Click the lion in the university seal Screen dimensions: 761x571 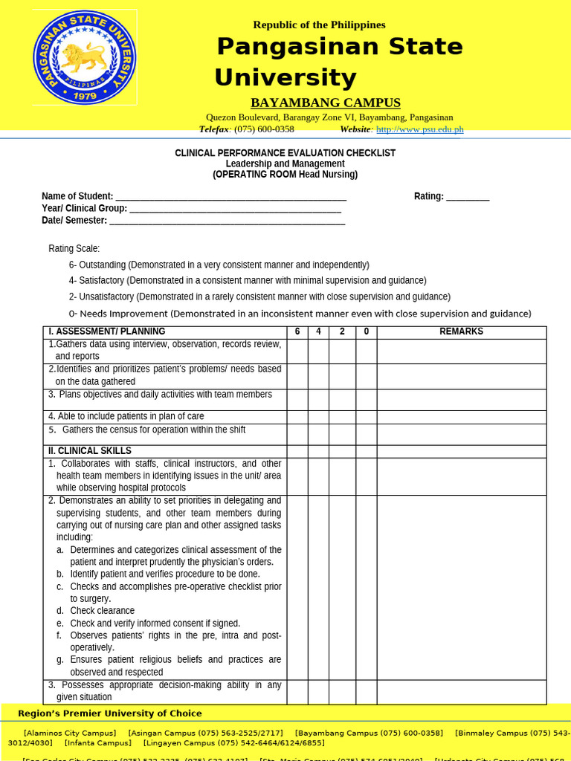pos(83,56)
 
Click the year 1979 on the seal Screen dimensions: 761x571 pos(85,95)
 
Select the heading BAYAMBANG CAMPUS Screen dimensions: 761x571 pos(325,103)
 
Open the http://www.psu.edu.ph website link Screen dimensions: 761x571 pos(419,129)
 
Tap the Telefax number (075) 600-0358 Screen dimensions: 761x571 pos(264,129)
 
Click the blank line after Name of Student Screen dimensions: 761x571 pos(230,197)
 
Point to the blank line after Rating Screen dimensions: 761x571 pos(468,197)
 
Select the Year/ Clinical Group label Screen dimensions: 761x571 pos(84,209)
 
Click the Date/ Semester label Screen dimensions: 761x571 pos(74,221)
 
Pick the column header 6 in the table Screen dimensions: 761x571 pos(297,332)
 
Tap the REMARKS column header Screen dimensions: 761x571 pos(461,332)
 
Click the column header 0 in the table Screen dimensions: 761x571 pos(366,332)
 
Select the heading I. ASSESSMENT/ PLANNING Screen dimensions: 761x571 pos(107,332)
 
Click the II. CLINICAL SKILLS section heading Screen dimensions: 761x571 pos(90,451)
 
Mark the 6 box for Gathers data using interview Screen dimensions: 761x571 pos(297,351)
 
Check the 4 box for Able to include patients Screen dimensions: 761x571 pos(318,417)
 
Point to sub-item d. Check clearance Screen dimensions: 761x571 pos(102,611)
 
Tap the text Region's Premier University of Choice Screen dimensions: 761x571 pos(110,713)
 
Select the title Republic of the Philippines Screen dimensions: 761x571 pos(319,25)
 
